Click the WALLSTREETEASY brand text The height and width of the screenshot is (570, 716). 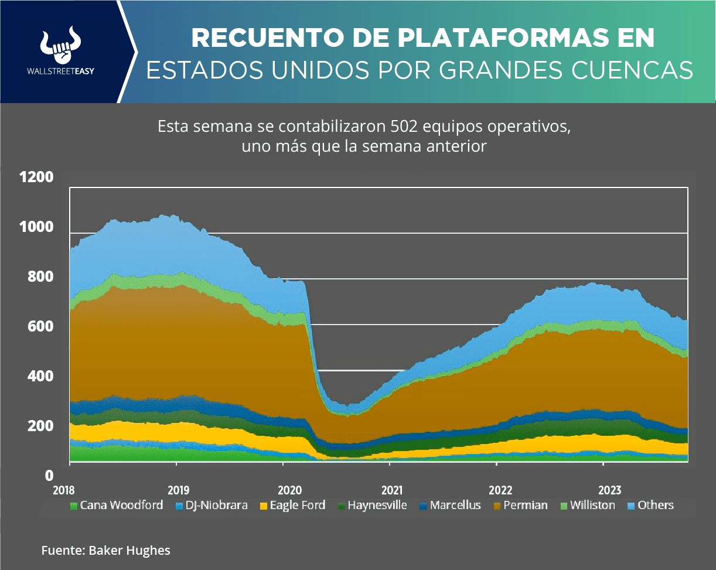click(x=61, y=71)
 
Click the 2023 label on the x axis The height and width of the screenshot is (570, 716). click(x=610, y=489)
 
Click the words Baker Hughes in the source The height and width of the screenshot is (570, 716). click(x=129, y=550)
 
